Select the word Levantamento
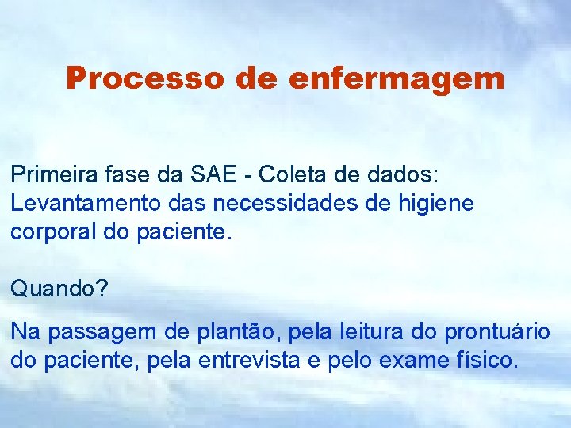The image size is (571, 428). [x=86, y=203]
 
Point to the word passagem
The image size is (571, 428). [x=103, y=332]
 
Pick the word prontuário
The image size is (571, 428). [x=497, y=332]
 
